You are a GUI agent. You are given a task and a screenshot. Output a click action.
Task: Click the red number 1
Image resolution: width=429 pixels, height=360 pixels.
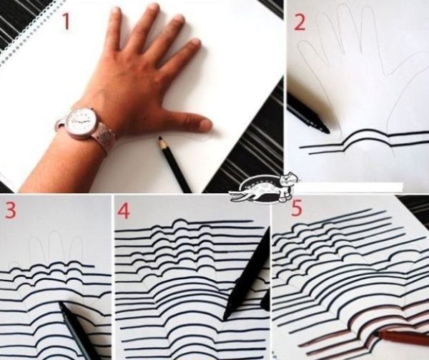point(66,21)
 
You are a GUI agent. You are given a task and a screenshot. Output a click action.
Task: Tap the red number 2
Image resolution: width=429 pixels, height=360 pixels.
point(300,22)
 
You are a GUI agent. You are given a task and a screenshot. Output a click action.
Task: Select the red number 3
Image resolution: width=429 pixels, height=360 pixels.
point(11,210)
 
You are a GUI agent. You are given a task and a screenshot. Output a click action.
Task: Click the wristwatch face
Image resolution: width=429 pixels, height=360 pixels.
point(82,121)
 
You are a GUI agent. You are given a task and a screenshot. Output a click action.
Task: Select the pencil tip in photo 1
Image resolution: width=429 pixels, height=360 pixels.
point(160,139)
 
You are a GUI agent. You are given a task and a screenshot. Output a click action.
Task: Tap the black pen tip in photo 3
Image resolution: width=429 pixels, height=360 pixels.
point(61,304)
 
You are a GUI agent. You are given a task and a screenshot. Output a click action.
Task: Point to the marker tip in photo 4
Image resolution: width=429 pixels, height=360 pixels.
point(225,318)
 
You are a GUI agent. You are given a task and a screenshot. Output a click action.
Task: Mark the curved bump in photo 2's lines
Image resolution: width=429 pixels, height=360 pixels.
point(366,138)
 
